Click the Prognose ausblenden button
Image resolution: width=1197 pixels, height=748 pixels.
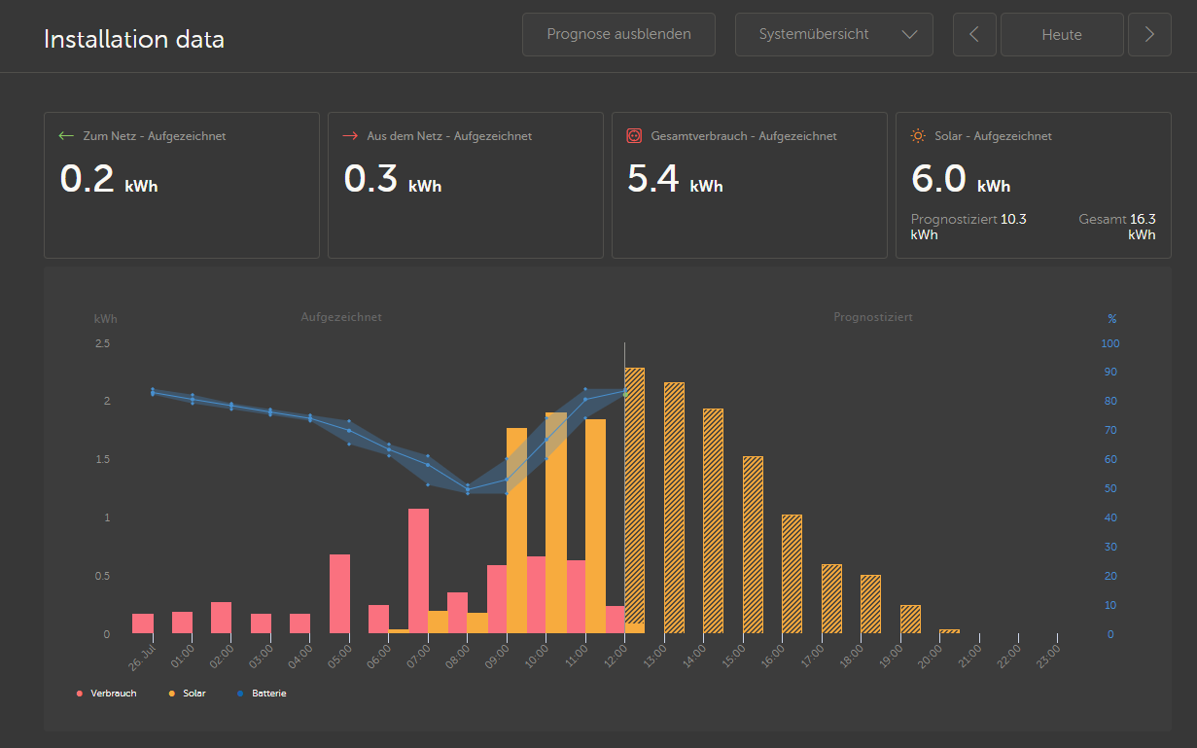click(x=618, y=35)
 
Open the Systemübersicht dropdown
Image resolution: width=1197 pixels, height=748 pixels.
click(x=833, y=35)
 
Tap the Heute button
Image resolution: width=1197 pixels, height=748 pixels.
click(x=1062, y=35)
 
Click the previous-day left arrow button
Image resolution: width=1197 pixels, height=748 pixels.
click(x=974, y=35)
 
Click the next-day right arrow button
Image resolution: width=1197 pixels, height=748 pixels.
click(x=1149, y=35)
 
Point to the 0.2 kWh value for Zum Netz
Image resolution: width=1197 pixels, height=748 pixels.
click(x=109, y=179)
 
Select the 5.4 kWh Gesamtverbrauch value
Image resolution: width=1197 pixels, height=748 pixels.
click(x=675, y=179)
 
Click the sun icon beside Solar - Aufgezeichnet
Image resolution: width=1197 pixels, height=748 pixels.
click(x=918, y=136)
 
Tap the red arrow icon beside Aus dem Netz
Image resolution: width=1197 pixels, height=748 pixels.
click(x=350, y=136)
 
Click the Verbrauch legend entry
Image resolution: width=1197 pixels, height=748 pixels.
click(x=106, y=694)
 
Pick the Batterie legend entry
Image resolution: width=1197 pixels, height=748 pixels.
click(x=262, y=694)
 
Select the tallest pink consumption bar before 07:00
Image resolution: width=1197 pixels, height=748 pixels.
click(x=418, y=571)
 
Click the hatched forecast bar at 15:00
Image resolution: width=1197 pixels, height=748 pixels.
click(x=753, y=545)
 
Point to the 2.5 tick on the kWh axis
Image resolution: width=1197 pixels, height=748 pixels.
click(x=103, y=343)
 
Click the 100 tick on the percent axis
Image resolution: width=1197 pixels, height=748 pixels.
click(x=1109, y=343)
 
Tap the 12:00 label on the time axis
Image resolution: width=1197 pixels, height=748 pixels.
click(x=616, y=656)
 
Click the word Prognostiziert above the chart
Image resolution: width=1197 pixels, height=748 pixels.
click(x=873, y=317)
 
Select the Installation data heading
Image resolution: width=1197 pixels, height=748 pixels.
click(x=134, y=40)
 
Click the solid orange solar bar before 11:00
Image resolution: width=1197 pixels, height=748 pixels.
click(x=556, y=523)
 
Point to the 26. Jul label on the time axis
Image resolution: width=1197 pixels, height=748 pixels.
click(x=142, y=658)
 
